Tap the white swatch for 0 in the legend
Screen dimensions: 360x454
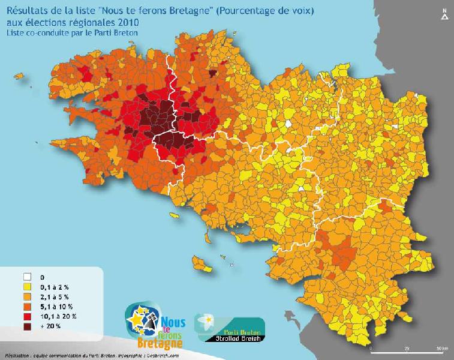(27, 278)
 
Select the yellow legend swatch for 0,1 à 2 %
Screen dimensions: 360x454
(27, 287)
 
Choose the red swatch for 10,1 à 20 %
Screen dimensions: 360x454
(27, 316)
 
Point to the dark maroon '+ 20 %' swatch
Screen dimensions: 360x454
(27, 326)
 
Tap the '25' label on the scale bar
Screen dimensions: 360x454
(408, 349)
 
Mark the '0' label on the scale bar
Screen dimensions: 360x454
(372, 349)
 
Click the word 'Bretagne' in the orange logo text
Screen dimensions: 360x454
(160, 344)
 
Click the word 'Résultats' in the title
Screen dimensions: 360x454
(26, 11)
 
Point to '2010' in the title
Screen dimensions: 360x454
(127, 23)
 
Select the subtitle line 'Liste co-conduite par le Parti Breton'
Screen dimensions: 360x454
(72, 32)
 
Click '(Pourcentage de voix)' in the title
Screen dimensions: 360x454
(267, 11)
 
